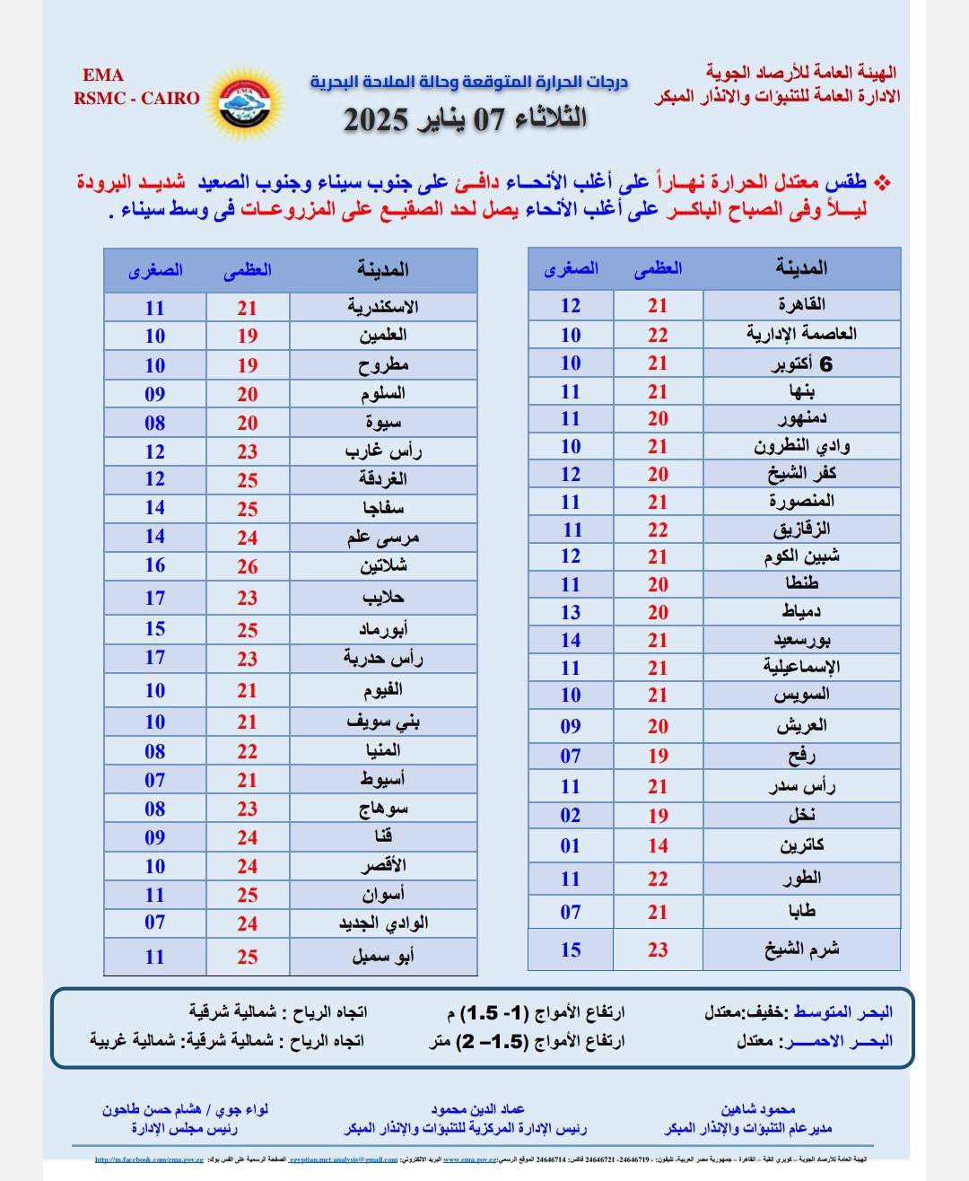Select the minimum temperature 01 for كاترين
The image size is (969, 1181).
click(571, 845)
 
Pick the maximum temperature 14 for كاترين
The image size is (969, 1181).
click(658, 845)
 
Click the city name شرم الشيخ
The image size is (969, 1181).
click(801, 949)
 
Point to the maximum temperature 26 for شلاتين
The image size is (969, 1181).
click(248, 567)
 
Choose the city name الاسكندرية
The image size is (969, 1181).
click(383, 307)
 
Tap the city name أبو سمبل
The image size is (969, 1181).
click(383, 957)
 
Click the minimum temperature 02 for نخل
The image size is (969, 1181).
click(571, 816)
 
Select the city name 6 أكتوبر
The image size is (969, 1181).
click(802, 363)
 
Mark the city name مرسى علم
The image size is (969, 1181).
click(383, 538)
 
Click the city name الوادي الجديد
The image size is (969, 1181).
click(383, 923)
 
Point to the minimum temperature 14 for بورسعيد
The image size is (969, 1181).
click(571, 641)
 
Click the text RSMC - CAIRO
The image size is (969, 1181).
click(136, 99)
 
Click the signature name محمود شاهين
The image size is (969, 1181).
click(757, 1110)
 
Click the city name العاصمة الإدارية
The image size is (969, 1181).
click(801, 334)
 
